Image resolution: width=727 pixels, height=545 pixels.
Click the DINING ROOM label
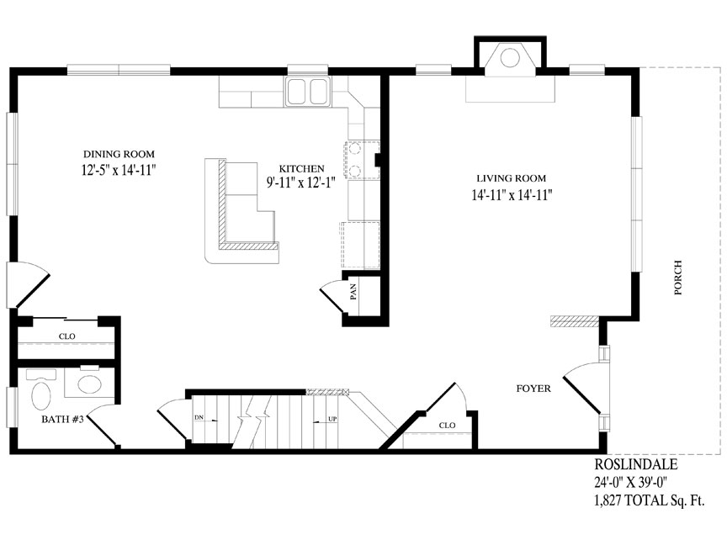pyautogui.click(x=119, y=154)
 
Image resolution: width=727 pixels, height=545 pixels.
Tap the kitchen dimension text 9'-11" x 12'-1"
pyautogui.click(x=301, y=183)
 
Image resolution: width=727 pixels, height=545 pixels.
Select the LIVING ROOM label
pyautogui.click(x=512, y=178)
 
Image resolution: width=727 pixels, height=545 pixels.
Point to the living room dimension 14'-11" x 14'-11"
pyautogui.click(x=512, y=195)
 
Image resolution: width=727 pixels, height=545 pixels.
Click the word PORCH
pyautogui.click(x=678, y=278)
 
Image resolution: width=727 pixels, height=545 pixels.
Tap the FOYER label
pyautogui.click(x=533, y=389)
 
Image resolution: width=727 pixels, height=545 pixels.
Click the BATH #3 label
pyautogui.click(x=62, y=420)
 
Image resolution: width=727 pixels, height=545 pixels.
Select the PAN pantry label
pyautogui.click(x=353, y=292)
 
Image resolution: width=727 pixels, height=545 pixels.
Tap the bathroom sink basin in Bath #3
pyautogui.click(x=89, y=384)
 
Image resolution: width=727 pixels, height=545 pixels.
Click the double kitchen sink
pyautogui.click(x=307, y=92)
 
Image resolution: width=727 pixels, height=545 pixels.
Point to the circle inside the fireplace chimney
pyautogui.click(x=510, y=57)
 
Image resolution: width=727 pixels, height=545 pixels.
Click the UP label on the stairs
pyautogui.click(x=332, y=419)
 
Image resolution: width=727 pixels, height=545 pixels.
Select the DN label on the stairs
pyautogui.click(x=199, y=417)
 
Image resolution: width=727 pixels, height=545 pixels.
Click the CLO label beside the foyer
pyautogui.click(x=447, y=425)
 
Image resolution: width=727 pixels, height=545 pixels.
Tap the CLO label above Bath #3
pyautogui.click(x=66, y=336)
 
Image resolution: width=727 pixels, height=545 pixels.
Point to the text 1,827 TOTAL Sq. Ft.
pyautogui.click(x=650, y=500)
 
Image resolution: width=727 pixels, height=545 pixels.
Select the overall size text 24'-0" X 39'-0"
pyautogui.click(x=631, y=483)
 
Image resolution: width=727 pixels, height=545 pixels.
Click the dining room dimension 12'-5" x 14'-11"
pyautogui.click(x=118, y=170)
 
